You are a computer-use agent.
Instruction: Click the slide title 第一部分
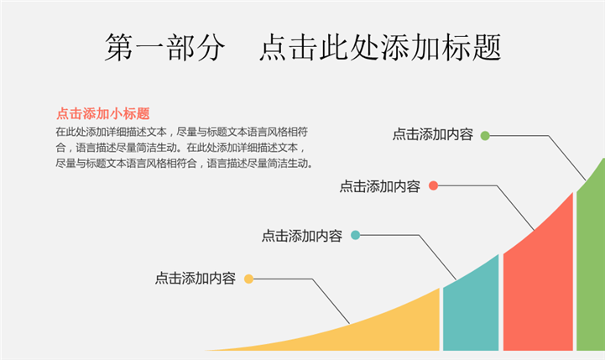tap(165, 48)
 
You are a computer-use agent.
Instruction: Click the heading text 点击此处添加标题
tap(381, 48)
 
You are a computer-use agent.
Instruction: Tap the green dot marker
tap(485, 134)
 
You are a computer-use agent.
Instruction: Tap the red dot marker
tap(433, 185)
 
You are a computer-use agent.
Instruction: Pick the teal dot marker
tap(355, 236)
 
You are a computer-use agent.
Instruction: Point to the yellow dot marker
tap(248, 279)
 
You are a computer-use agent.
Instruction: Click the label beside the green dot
tap(432, 134)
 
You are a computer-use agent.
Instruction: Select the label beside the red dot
tap(379, 186)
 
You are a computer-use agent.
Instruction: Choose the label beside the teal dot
tap(301, 237)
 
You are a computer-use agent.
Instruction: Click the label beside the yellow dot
tap(195, 279)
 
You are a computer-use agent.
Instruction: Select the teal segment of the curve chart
tap(471, 310)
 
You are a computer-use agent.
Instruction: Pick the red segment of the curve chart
tap(537, 285)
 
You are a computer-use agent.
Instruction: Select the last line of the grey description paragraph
tap(184, 164)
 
